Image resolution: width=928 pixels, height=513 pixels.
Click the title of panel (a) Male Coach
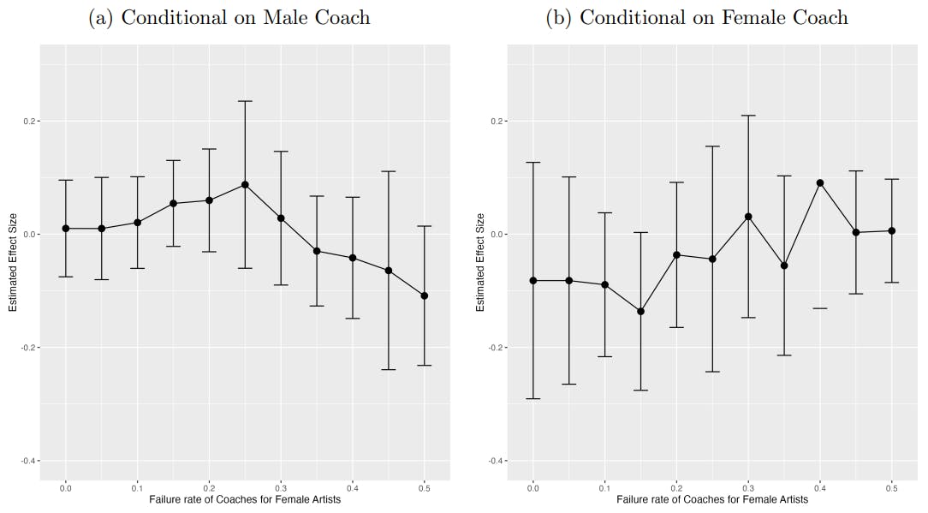click(x=229, y=17)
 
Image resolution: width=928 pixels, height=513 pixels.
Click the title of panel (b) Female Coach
click(x=697, y=17)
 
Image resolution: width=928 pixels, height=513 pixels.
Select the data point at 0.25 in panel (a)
click(x=245, y=185)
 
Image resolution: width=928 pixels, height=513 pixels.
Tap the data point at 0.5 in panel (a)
click(x=424, y=295)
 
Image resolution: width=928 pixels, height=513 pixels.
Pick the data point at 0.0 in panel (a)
click(x=66, y=229)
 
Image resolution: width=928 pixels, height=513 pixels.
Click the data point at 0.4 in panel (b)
click(x=820, y=182)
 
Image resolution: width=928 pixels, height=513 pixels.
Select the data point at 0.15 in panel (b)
click(x=640, y=312)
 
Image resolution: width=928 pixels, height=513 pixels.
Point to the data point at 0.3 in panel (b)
click(x=748, y=217)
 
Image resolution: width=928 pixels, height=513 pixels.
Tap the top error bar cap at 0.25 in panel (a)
click(x=245, y=101)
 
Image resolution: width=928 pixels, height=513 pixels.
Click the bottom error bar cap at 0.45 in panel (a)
click(x=388, y=369)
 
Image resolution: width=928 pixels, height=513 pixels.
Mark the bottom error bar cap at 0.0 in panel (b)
click(x=532, y=398)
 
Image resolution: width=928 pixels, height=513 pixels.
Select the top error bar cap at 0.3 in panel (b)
click(x=748, y=115)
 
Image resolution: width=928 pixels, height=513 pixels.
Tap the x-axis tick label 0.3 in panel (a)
click(x=281, y=487)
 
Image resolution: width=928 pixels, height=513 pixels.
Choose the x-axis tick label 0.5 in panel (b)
click(x=892, y=487)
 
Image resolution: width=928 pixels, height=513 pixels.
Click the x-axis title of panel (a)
click(x=245, y=499)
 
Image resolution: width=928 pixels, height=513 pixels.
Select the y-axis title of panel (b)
click(x=480, y=262)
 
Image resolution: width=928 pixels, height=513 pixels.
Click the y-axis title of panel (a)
click(x=13, y=262)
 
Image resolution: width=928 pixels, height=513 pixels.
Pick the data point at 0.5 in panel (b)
click(x=892, y=230)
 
